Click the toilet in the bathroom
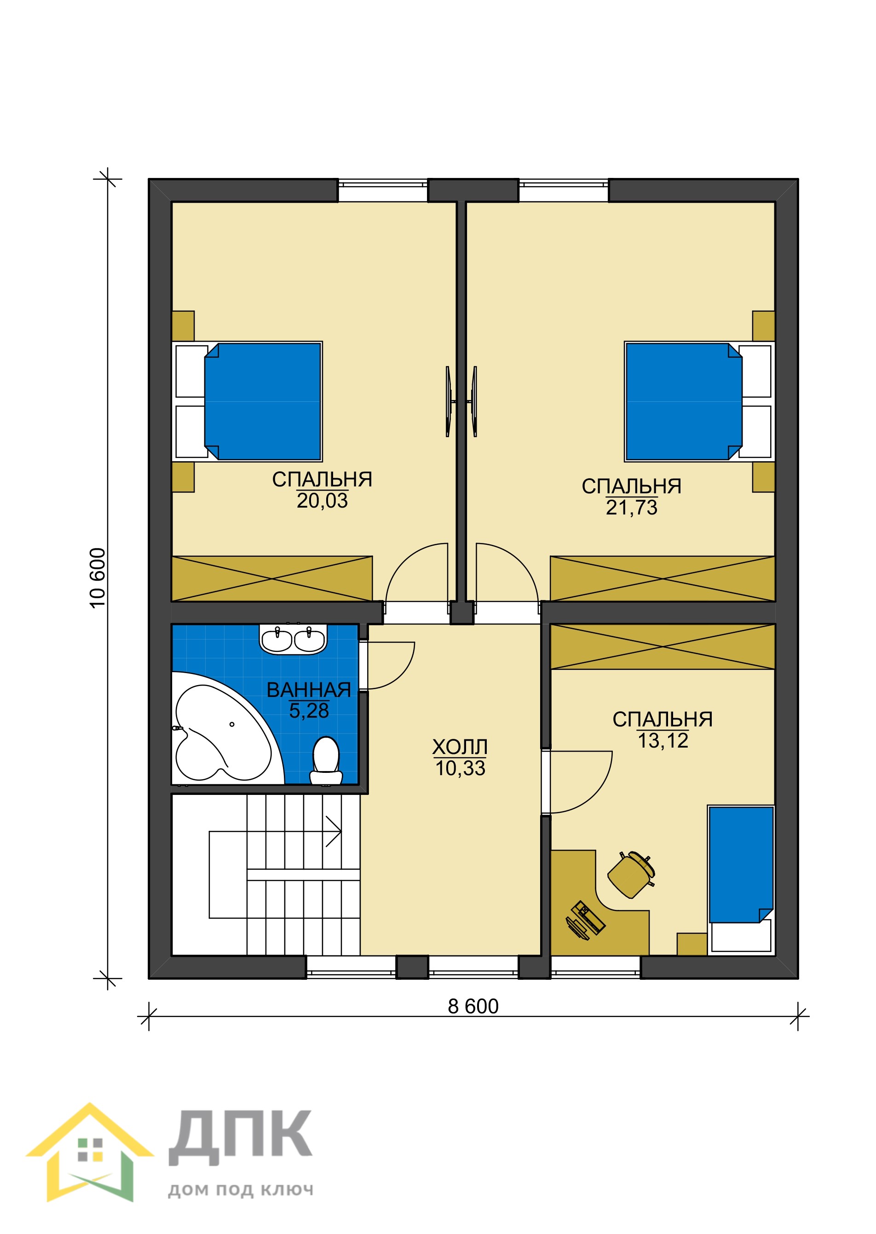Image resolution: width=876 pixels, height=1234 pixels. (x=326, y=760)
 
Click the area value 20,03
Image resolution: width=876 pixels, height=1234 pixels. (x=322, y=501)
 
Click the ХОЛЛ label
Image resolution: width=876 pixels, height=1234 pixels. (x=460, y=747)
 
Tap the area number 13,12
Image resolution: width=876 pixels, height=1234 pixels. (x=663, y=741)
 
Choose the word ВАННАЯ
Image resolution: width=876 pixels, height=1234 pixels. (x=309, y=690)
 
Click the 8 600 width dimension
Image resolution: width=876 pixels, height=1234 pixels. (x=473, y=1006)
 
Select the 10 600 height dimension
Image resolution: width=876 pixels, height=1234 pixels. (x=98, y=578)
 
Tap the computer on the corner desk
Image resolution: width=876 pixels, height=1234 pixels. (x=585, y=920)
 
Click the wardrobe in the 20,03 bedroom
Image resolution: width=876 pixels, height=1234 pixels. (x=272, y=578)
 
